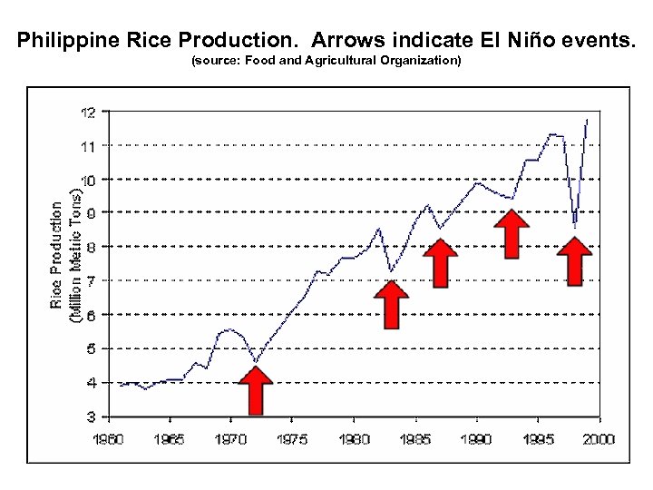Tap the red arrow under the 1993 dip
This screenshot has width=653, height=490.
coord(512,234)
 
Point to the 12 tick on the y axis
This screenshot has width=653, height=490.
coord(88,113)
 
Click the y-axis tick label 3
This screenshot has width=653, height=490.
coord(92,416)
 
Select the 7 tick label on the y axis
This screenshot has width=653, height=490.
coord(92,280)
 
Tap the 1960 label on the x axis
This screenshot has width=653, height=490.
coord(110,439)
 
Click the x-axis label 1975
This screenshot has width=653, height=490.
coord(292,439)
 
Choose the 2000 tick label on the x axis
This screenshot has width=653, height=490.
coord(598,439)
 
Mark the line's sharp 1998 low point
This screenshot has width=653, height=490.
coord(575,226)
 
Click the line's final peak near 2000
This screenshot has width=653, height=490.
coord(587,119)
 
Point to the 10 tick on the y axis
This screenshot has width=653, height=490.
coord(88,179)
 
